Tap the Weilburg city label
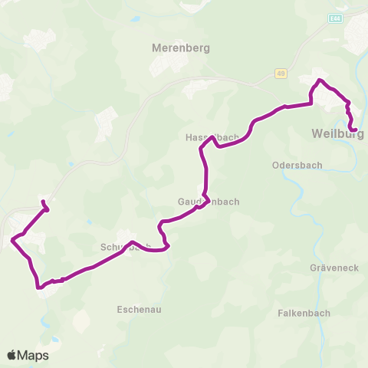(337, 134)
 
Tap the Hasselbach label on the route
(212, 138)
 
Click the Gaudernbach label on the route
(209, 202)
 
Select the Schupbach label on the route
(125, 248)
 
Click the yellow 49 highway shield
(281, 73)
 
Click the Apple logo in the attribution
(12, 355)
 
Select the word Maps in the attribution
(34, 355)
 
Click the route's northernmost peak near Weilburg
(320, 80)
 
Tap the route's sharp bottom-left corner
(38, 287)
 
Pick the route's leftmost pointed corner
(12, 240)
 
